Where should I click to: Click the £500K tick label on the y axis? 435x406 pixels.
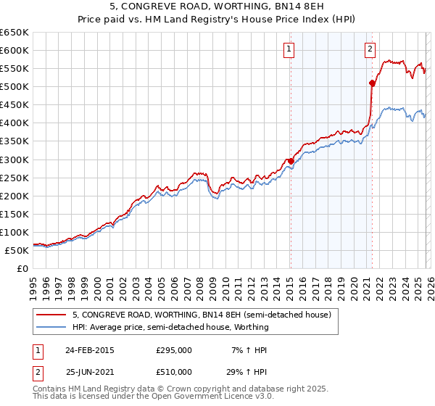(x=14, y=87)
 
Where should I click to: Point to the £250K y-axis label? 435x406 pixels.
(x=14, y=178)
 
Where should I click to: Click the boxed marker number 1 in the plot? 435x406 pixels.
(x=289, y=49)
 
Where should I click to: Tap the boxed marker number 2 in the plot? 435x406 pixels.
(x=370, y=49)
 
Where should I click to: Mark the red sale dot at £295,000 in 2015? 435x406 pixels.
(x=291, y=161)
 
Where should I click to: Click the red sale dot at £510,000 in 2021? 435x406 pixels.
(x=372, y=83)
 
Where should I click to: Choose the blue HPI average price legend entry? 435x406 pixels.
(x=170, y=327)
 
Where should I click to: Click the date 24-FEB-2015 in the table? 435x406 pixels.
(x=90, y=350)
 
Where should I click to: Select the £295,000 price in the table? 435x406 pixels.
(x=174, y=350)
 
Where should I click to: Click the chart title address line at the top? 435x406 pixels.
(x=217, y=8)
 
